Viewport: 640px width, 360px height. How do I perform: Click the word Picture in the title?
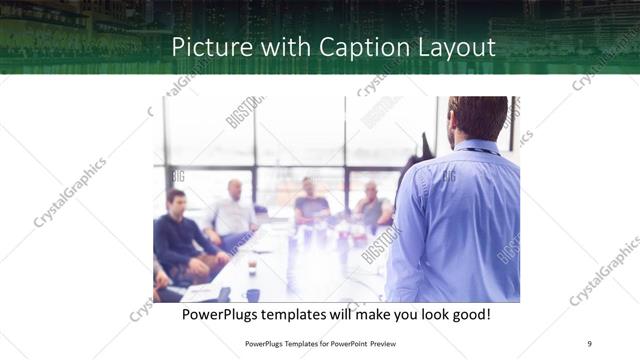[204, 47]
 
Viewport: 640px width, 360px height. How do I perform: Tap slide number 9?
[590, 343]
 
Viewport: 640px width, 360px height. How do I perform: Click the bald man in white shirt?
[232, 215]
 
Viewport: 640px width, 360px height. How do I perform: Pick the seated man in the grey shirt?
[372, 207]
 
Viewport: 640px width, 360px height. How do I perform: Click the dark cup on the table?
[252, 294]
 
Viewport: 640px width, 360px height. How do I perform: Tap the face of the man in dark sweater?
[177, 202]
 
